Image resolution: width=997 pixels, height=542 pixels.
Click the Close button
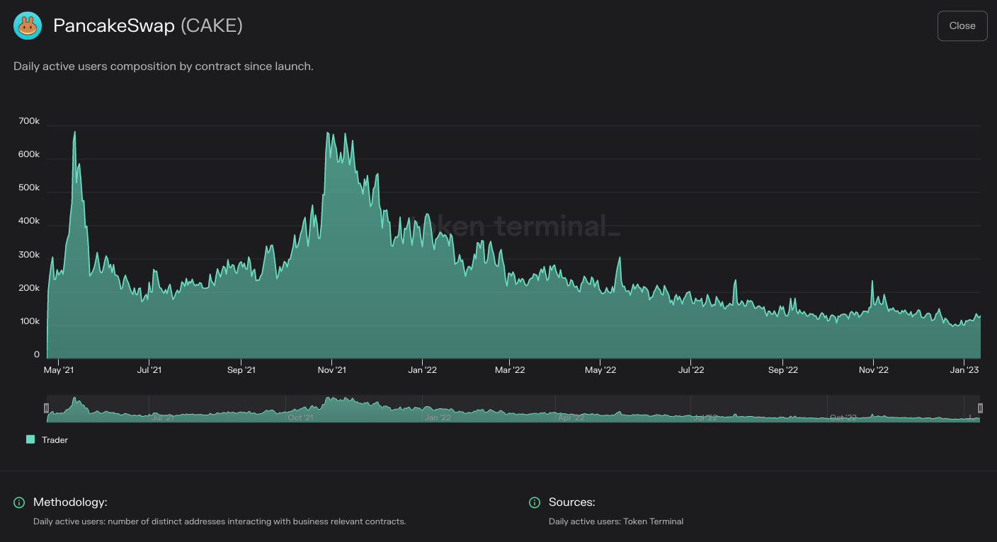tap(962, 26)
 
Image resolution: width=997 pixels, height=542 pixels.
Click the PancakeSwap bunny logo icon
tap(28, 26)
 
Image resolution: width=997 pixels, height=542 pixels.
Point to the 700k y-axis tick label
tap(29, 122)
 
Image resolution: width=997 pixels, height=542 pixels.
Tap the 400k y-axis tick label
tap(29, 221)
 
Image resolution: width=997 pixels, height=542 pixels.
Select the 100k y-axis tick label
tap(29, 321)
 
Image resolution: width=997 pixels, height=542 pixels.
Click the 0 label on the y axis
tap(37, 354)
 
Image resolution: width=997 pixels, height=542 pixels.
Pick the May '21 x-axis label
tap(59, 370)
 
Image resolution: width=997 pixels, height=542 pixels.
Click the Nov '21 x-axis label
tap(331, 370)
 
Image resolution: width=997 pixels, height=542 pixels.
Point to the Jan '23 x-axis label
tap(964, 370)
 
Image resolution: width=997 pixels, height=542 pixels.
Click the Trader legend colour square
tap(30, 439)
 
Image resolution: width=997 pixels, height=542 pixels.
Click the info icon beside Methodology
tap(19, 502)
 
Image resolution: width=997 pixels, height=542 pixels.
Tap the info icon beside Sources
tap(535, 502)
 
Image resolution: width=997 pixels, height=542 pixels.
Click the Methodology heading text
tap(70, 502)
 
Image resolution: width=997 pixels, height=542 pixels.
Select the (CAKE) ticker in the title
tap(212, 26)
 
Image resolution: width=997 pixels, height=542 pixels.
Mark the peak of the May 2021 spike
tap(74, 132)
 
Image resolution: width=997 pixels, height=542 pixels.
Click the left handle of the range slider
tap(46, 408)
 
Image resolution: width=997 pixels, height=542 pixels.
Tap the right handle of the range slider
tap(981, 408)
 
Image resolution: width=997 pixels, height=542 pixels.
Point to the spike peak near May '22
tap(619, 258)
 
